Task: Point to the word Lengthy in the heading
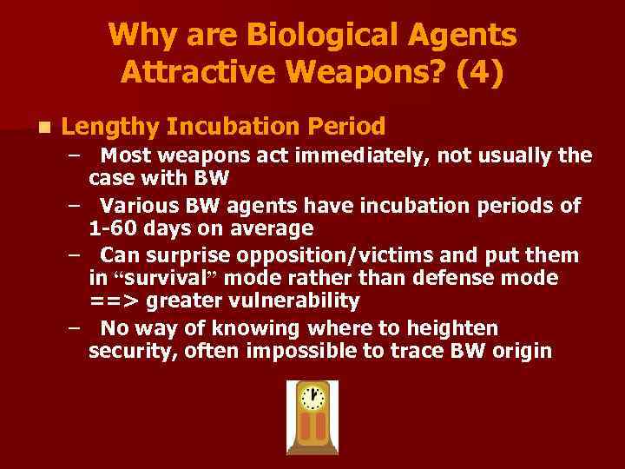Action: pos(109,127)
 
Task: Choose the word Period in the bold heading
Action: pos(345,127)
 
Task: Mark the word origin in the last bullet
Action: pos(520,352)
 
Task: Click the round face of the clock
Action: pos(312,398)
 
